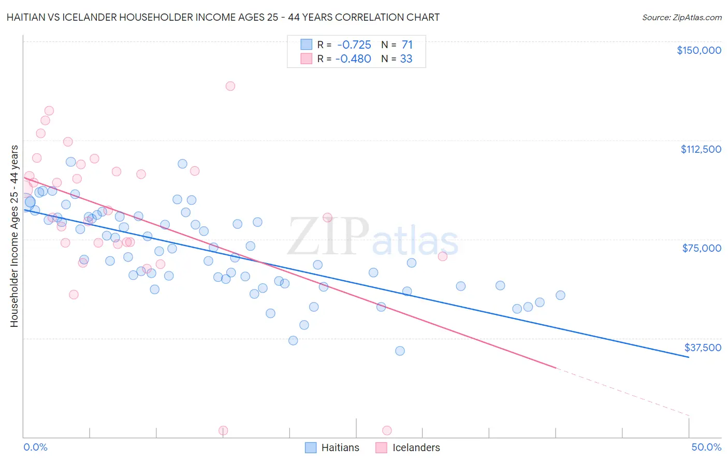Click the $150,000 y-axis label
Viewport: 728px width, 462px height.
(x=698, y=50)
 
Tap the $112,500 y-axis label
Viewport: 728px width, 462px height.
(x=701, y=149)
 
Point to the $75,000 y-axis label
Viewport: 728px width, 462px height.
(x=702, y=248)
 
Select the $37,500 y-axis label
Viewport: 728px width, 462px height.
(x=703, y=348)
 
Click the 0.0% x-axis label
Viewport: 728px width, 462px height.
(x=35, y=447)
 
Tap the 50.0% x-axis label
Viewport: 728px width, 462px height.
(x=706, y=447)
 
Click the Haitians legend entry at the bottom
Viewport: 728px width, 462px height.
(x=340, y=447)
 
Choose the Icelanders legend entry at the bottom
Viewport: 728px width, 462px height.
(x=416, y=447)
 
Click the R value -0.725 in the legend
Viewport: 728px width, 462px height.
(x=354, y=45)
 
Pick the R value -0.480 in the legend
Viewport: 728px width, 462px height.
(x=354, y=59)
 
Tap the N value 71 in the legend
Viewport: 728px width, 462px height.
(x=407, y=45)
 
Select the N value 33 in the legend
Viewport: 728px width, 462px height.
(x=406, y=59)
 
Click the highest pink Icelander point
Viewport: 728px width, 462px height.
(x=230, y=86)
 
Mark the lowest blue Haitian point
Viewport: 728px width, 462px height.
(x=400, y=351)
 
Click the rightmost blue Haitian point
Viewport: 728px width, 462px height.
(x=560, y=295)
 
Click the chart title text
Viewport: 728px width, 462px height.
(x=223, y=17)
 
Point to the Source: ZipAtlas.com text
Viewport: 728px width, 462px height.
(x=681, y=18)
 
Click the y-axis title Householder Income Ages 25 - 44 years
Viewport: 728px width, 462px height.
(x=14, y=236)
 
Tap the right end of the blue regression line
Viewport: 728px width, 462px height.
(x=688, y=357)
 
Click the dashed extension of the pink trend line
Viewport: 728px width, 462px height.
(x=621, y=392)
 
